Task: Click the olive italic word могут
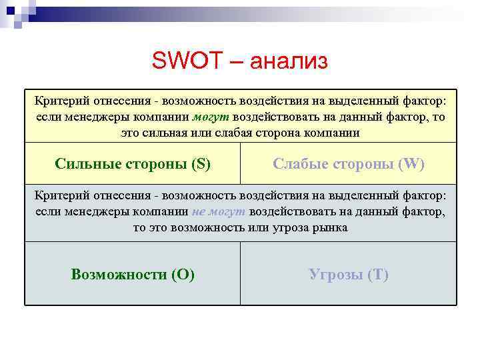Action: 211,117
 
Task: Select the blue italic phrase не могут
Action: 219,211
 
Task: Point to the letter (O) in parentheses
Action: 183,274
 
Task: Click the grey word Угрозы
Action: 335,274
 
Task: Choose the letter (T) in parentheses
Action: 378,274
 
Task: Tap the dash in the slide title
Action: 237,62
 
